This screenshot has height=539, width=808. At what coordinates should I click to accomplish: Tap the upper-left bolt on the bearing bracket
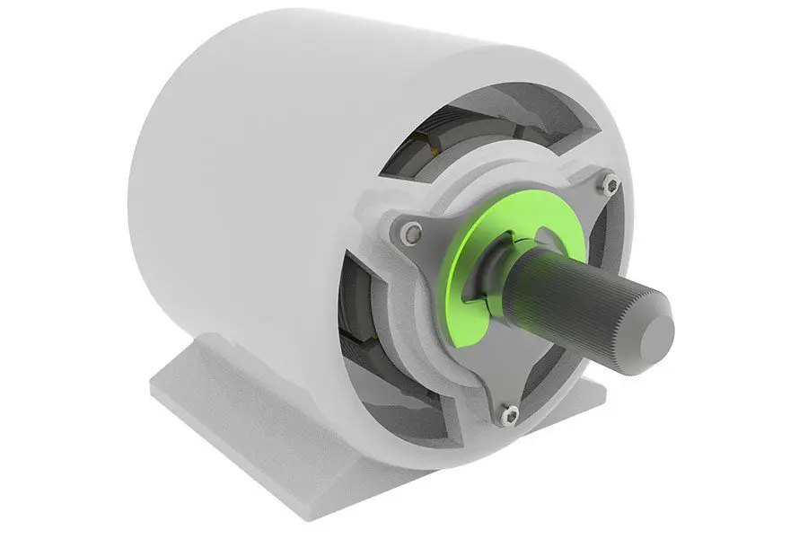[x=411, y=234]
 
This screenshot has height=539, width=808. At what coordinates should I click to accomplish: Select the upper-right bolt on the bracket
[x=610, y=186]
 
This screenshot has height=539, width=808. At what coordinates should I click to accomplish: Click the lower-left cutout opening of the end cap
[x=368, y=341]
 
